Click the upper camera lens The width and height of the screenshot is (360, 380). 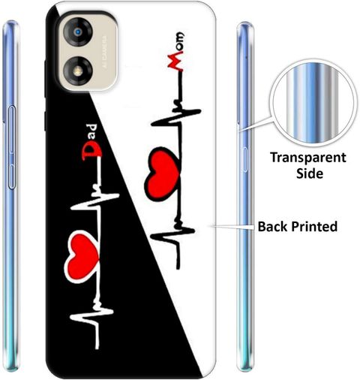pos(77,32)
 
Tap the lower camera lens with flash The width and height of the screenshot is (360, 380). pos(77,71)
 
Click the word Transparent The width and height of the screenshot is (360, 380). pos(308,158)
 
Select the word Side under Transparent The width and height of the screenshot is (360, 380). pos(310,173)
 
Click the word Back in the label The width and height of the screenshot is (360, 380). pos(273,226)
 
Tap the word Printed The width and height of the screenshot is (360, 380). pos(314,226)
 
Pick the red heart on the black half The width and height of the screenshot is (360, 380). pos(82,257)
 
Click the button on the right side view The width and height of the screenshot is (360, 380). pos(244,160)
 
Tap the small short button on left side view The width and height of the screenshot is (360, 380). pos(12,175)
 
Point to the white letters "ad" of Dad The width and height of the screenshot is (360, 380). pos(93,131)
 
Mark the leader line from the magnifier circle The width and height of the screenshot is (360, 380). pos(256,123)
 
